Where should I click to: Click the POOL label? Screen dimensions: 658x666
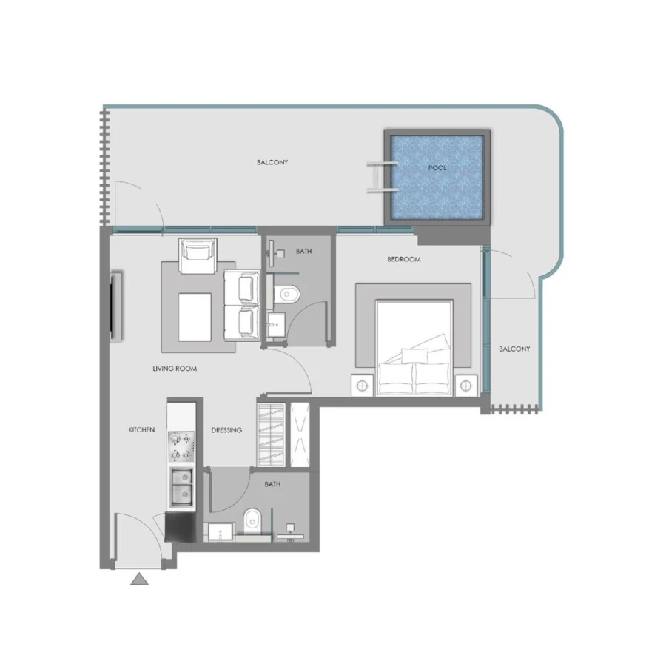pos(437,168)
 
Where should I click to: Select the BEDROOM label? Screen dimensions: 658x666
pos(404,260)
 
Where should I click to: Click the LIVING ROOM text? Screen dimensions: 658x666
pos(175,369)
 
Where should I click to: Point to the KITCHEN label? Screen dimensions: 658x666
pos(141,429)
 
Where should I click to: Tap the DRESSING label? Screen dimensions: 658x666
pos(226,430)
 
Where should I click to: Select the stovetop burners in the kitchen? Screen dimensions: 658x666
pos(181,446)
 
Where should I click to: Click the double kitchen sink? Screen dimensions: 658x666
pos(181,486)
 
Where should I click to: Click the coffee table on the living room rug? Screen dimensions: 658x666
pos(194,318)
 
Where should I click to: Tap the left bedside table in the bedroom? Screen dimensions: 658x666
pos(363,386)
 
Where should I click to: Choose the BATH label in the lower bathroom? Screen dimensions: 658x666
pos(272,485)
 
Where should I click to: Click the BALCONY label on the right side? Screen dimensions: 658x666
pos(514,349)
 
